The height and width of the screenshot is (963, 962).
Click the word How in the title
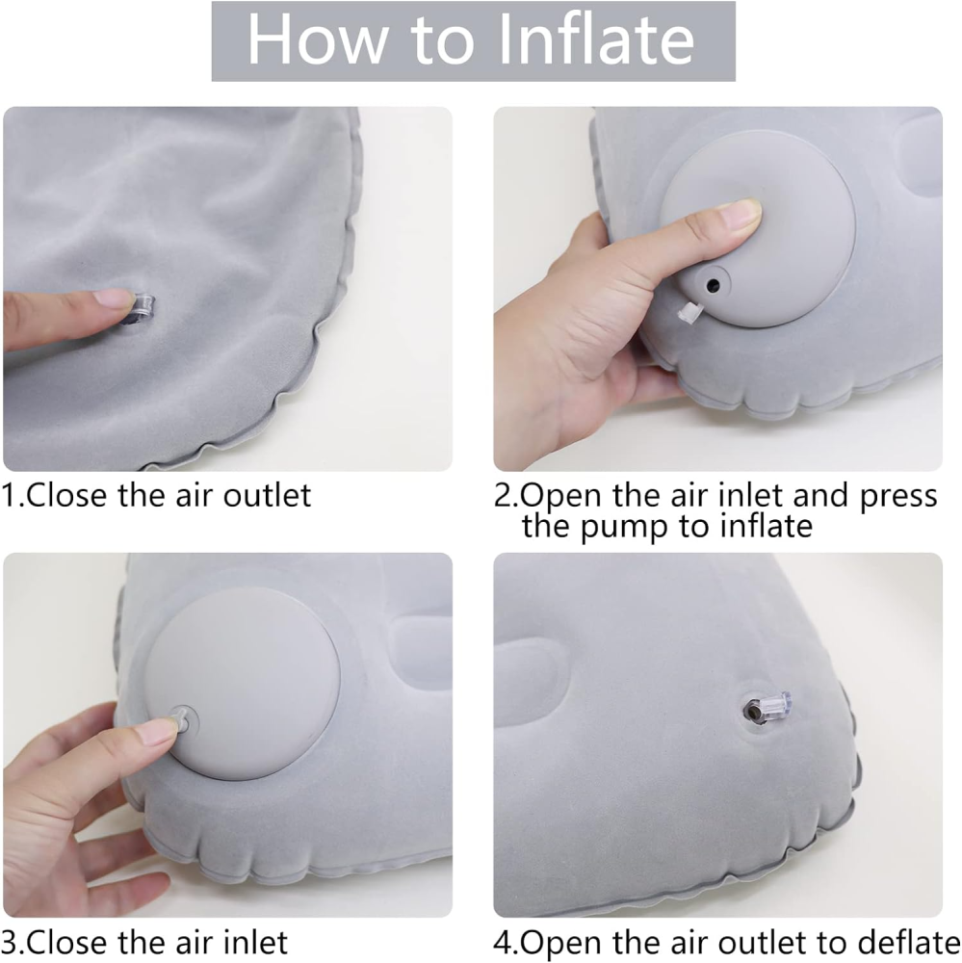pos(318,39)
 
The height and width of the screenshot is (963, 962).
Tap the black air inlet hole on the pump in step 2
pos(713,285)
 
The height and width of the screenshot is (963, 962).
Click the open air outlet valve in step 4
pos(767,709)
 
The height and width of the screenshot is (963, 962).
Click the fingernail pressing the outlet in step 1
pos(115,299)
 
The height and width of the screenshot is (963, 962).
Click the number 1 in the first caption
pos(9,495)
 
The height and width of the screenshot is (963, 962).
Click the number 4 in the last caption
pos(503,942)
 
